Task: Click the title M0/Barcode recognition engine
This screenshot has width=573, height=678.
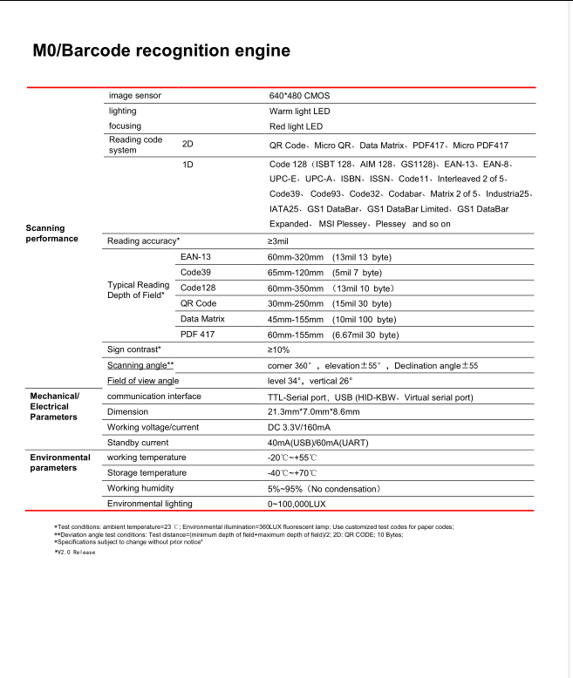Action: pos(161,51)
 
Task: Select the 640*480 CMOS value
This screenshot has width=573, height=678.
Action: pos(299,95)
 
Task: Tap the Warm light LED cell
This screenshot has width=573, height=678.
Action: pos(299,111)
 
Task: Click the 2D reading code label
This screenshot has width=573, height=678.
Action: pos(187,144)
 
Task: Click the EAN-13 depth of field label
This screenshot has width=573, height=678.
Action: pos(195,258)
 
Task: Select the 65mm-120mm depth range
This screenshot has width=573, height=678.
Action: pos(295,273)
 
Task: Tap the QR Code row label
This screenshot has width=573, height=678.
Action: pos(198,303)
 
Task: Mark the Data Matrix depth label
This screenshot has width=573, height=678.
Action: pos(201,319)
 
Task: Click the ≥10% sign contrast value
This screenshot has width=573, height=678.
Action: pos(278,349)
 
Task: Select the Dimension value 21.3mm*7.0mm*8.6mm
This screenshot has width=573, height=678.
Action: pos(313,411)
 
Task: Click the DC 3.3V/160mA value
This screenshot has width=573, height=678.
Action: pos(299,427)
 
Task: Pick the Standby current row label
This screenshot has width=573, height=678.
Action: pos(137,443)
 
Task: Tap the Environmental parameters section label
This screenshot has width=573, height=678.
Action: pos(60,463)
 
